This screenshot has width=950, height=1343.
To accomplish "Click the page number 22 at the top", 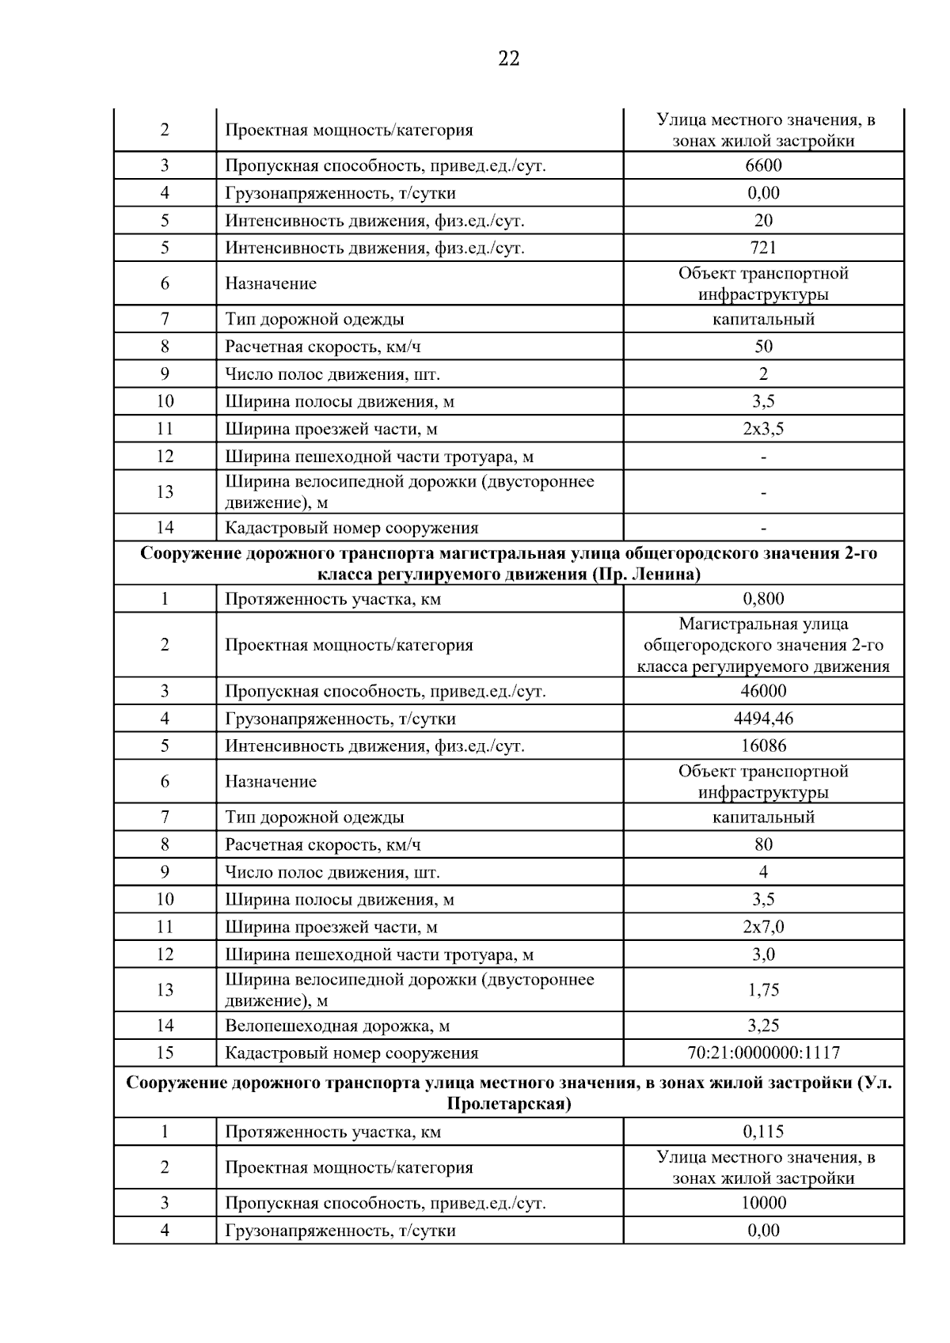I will (x=509, y=59).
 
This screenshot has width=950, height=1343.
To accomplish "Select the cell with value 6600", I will (x=763, y=165).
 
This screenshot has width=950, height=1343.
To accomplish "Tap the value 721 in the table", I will (x=763, y=248).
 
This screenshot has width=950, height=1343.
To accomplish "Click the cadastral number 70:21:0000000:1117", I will (x=763, y=1053).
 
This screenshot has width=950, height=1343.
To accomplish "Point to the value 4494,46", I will (x=763, y=719).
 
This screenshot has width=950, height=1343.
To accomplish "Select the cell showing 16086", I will (x=763, y=745).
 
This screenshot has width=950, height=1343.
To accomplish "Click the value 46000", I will (x=763, y=691).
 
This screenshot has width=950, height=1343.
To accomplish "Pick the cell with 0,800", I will (x=763, y=599).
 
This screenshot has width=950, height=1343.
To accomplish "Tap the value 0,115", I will (x=763, y=1132).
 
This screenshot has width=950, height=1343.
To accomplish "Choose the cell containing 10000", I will (x=763, y=1203).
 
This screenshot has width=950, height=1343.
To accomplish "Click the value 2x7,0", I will (x=763, y=927).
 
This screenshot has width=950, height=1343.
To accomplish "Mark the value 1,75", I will (x=763, y=990).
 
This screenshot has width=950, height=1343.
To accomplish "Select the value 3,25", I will (x=763, y=1026).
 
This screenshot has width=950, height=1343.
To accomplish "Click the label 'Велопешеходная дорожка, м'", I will (x=337, y=1026).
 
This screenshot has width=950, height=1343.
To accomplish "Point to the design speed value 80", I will (x=763, y=844).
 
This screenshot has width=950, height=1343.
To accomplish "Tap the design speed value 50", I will (x=763, y=347).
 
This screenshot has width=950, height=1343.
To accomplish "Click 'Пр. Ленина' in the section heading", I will (x=644, y=575).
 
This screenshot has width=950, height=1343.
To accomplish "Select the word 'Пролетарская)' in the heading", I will (x=508, y=1104).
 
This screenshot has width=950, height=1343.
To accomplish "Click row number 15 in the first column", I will (x=165, y=1053).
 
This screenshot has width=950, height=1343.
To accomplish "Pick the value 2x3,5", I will (x=763, y=429).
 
